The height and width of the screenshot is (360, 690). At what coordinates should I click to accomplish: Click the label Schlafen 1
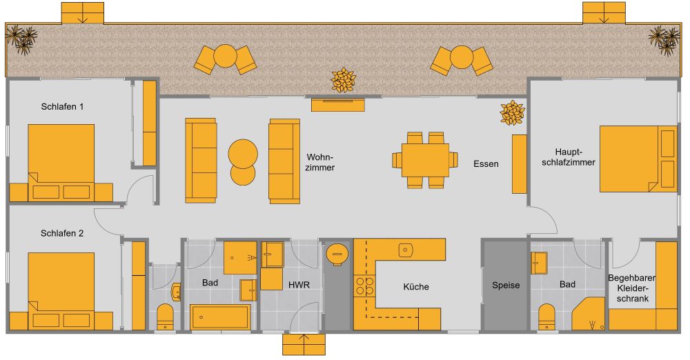(x=62, y=107)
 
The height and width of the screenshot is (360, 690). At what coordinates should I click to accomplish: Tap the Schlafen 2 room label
(x=62, y=233)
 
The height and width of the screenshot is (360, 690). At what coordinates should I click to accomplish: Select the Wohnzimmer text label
(x=321, y=161)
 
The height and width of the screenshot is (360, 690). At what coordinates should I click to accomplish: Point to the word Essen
(x=486, y=164)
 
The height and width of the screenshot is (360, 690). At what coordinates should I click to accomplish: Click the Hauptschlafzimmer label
(x=574, y=157)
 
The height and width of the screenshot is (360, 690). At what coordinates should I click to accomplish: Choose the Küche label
(x=416, y=287)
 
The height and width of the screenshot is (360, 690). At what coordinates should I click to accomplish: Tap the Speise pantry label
(x=506, y=285)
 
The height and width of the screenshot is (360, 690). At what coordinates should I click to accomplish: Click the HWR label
(x=299, y=285)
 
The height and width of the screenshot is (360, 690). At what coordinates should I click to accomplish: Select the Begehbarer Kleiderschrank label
(x=631, y=289)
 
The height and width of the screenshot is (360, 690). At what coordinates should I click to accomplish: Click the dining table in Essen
(x=425, y=159)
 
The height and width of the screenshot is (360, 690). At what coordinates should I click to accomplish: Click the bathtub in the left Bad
(x=220, y=317)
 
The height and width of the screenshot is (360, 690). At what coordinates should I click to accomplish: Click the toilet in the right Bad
(x=547, y=317)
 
